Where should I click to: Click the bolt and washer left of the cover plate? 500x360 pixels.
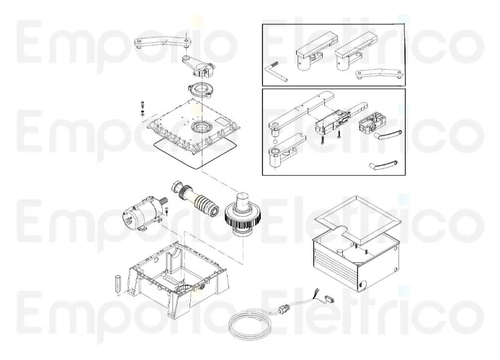141,110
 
